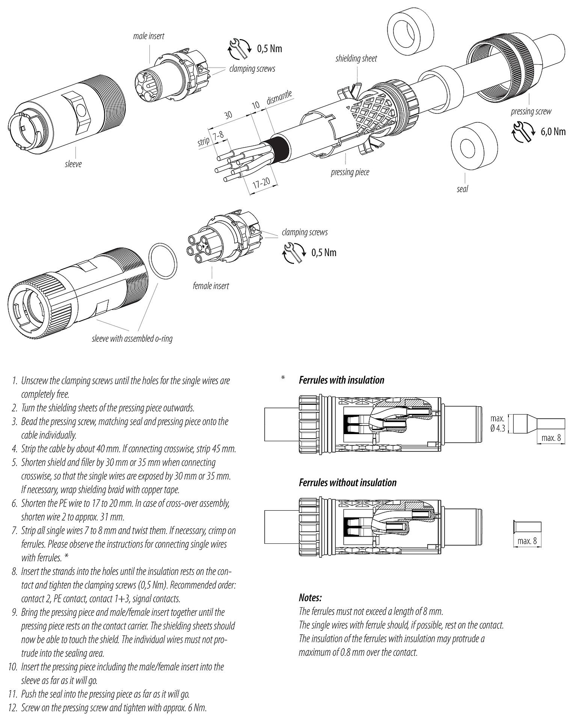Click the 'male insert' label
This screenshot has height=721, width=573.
pos(149,36)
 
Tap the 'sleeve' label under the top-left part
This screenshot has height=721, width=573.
pos(73,164)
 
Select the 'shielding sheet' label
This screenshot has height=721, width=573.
pos(356,59)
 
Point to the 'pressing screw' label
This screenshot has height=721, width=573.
pos(531,112)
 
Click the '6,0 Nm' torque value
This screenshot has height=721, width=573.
pos(553,131)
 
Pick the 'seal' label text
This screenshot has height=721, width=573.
pos(462,189)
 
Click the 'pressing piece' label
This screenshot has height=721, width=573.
pos(350,172)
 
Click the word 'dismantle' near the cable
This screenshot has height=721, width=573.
pos(279,98)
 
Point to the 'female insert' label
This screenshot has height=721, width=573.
pos(211,286)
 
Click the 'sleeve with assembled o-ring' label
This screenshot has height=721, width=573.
pos(132,339)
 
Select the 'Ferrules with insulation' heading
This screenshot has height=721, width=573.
pos(341,380)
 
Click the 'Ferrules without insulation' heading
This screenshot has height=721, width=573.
pos(347,483)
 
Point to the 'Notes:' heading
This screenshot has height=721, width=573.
pos(310,598)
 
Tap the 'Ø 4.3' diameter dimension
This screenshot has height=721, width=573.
pos(498,429)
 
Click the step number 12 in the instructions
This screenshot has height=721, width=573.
pos(13,708)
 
